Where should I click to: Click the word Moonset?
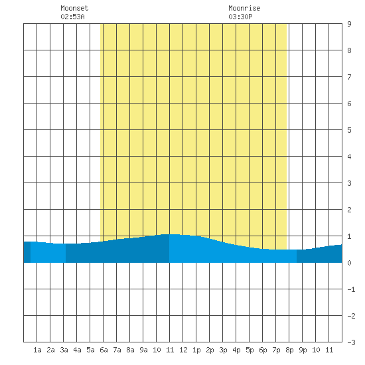(74, 8)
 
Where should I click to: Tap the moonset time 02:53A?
(72, 17)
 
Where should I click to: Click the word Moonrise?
(244, 8)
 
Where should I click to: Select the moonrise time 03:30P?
(240, 17)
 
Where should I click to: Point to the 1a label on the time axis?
(37, 350)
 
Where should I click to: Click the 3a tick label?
(64, 350)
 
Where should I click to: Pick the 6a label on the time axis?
(104, 350)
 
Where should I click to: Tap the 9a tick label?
(143, 350)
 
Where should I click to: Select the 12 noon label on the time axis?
(183, 350)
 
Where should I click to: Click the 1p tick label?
(196, 350)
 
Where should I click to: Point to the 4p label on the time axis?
(236, 350)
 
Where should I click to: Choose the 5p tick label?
(250, 350)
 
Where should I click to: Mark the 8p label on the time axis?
(289, 350)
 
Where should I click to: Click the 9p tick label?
(303, 350)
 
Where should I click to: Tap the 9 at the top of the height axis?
(349, 24)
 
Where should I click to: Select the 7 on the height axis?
(349, 77)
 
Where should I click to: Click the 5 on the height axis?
(349, 130)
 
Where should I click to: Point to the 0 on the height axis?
(349, 263)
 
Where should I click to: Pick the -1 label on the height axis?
(351, 289)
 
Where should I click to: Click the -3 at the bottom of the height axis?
(351, 342)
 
